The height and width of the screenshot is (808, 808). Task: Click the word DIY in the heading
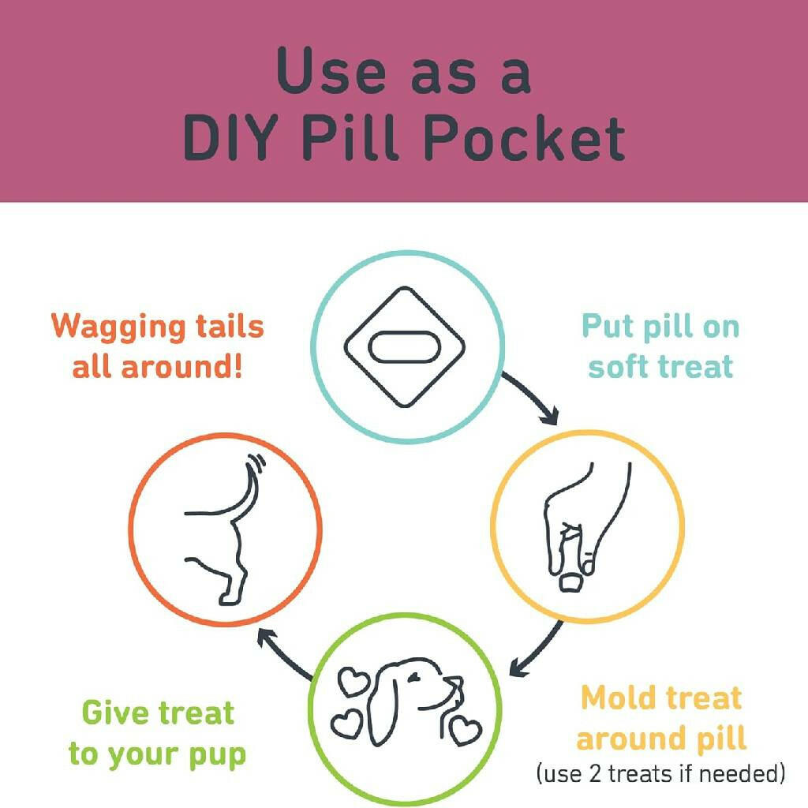231,137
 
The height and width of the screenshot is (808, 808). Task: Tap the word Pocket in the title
524,137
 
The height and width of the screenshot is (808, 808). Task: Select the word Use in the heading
331,70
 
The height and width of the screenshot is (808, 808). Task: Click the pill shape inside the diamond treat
405,347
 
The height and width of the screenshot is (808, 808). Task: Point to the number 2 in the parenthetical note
595,773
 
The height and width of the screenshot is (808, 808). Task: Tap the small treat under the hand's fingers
571,582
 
